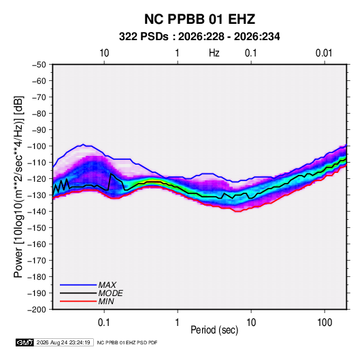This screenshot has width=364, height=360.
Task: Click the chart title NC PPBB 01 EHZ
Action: (199, 19)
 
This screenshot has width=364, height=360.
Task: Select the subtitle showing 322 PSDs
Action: (199, 37)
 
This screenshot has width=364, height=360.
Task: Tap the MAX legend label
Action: (107, 285)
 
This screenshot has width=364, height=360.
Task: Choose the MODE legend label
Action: (110, 293)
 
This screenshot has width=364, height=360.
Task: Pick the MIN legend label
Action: (106, 301)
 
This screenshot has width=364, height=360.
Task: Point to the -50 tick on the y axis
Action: (39, 65)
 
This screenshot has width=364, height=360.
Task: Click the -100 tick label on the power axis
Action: (37, 146)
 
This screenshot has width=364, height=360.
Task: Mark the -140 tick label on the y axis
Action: (37, 212)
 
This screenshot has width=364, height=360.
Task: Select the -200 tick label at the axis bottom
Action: (37, 310)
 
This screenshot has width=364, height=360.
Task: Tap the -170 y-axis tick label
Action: (37, 261)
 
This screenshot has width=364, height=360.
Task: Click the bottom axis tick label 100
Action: (325, 323)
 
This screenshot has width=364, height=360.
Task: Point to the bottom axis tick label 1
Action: (178, 323)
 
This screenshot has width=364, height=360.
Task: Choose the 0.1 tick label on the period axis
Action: (104, 323)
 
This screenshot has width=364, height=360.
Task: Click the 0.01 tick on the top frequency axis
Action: (324, 53)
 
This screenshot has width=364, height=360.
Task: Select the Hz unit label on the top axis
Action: (214, 53)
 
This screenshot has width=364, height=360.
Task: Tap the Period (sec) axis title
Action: (214, 330)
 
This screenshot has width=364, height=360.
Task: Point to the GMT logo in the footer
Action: (24, 342)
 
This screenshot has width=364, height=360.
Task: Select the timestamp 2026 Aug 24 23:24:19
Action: (63, 342)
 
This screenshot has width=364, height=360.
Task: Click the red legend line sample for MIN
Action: (78, 301)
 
